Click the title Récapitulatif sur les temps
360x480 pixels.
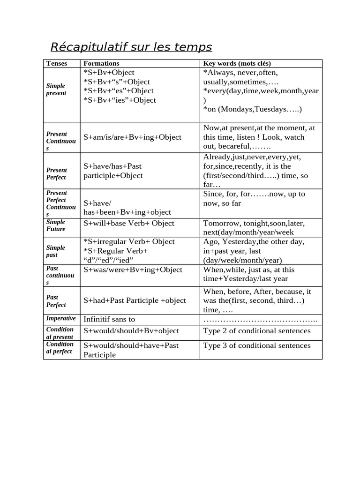[x=131, y=47]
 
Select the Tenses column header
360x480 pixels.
[x=56, y=63]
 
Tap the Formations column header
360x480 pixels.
[x=101, y=63]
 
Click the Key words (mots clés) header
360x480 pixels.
[x=237, y=63]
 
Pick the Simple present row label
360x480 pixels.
[x=56, y=90]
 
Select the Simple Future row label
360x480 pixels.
[x=56, y=225]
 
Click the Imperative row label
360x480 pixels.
[x=61, y=319]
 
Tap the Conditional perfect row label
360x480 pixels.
[x=60, y=348]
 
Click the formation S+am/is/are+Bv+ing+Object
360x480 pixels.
[x=132, y=137]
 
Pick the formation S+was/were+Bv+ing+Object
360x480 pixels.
[x=133, y=270]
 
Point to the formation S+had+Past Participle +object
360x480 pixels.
[x=135, y=300]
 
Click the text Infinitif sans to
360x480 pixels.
[x=109, y=319]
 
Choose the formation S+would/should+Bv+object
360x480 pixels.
[x=131, y=331]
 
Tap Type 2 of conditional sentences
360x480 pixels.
[x=257, y=331]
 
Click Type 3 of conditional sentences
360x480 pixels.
[x=257, y=345]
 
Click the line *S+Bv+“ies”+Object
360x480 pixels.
[x=120, y=100]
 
